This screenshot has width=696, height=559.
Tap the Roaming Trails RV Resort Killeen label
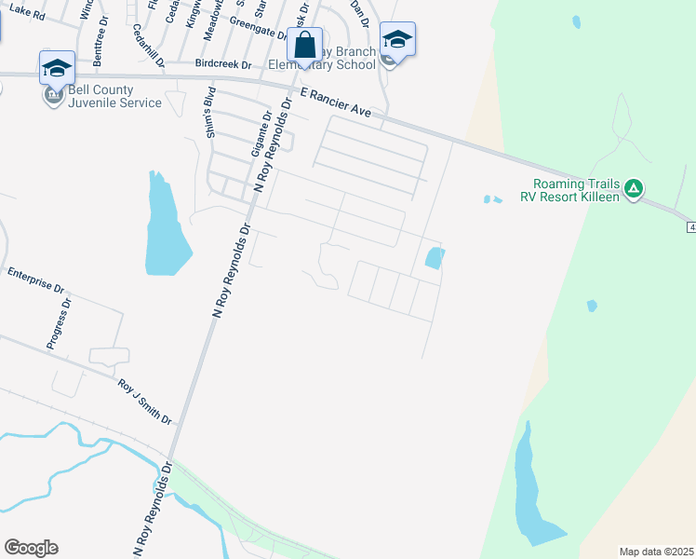tap(571, 191)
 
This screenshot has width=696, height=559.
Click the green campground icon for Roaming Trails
tap(634, 189)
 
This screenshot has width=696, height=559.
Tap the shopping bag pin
tap(304, 45)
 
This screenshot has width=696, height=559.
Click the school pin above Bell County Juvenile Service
tap(57, 68)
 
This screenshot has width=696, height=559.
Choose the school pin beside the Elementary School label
tap(397, 40)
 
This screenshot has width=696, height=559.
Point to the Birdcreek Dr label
tap(224, 65)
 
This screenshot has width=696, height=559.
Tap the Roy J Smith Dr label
tap(144, 402)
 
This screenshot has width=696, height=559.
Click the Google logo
tap(31, 548)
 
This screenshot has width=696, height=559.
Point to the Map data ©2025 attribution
tap(655, 552)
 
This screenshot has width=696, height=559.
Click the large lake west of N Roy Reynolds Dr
tap(165, 228)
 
